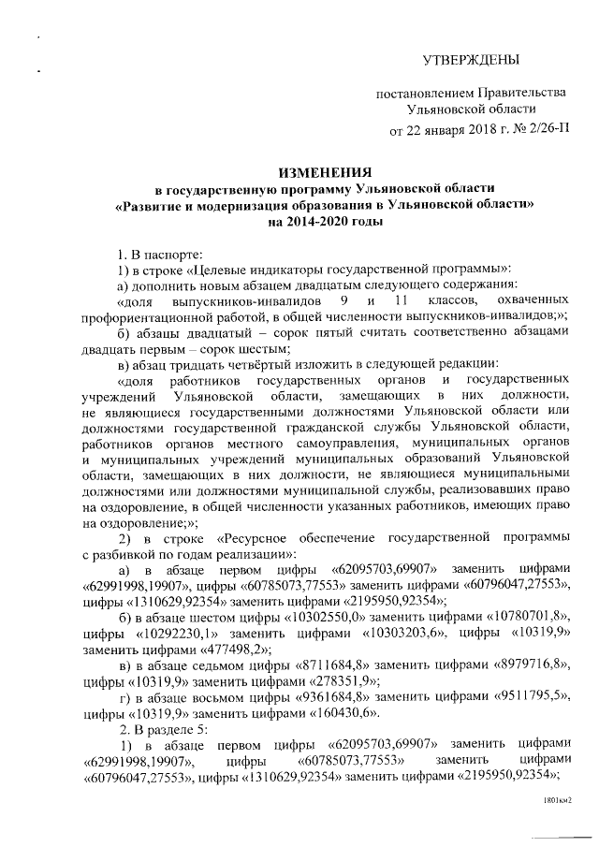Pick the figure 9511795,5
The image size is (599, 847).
click(x=528, y=698)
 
